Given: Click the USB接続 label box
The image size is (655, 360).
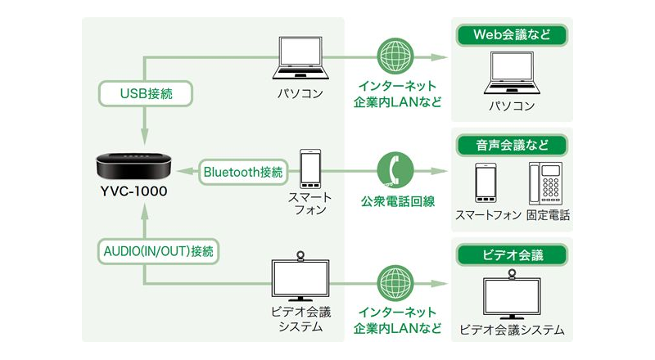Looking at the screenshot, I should point(147,93).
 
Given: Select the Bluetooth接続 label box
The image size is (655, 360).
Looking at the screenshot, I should point(243,172).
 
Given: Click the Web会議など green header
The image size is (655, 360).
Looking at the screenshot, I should point(511,35).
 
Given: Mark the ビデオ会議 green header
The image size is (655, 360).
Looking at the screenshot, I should point(511,254).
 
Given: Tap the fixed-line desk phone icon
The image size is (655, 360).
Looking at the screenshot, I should point(545,183).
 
